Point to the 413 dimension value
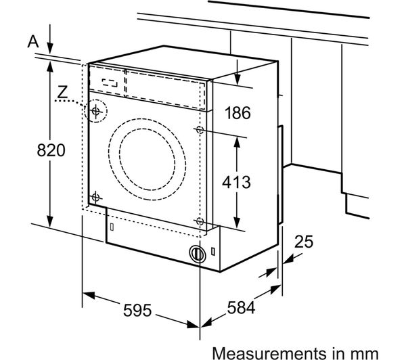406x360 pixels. [x=238, y=181]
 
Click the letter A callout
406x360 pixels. [x=32, y=42]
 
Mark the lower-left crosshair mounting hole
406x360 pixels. [x=95, y=197]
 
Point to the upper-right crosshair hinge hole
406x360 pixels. [x=199, y=128]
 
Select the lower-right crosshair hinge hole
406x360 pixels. [x=199, y=221]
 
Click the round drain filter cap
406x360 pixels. [x=197, y=254]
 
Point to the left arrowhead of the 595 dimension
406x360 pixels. [x=87, y=296]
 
